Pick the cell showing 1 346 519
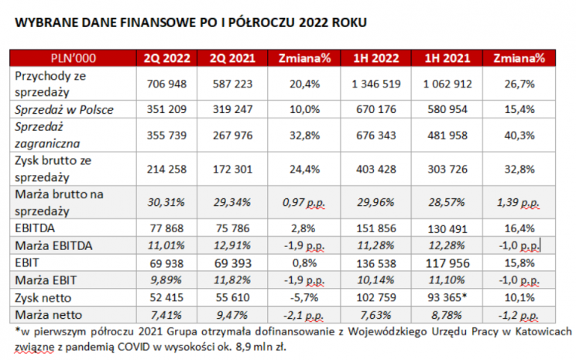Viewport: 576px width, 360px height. point(375,83)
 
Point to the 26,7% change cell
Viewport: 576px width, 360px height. point(515,83)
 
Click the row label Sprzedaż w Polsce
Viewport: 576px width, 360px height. point(64,109)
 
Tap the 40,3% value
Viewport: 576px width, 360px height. point(515,135)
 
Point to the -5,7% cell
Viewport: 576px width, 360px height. point(300,297)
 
